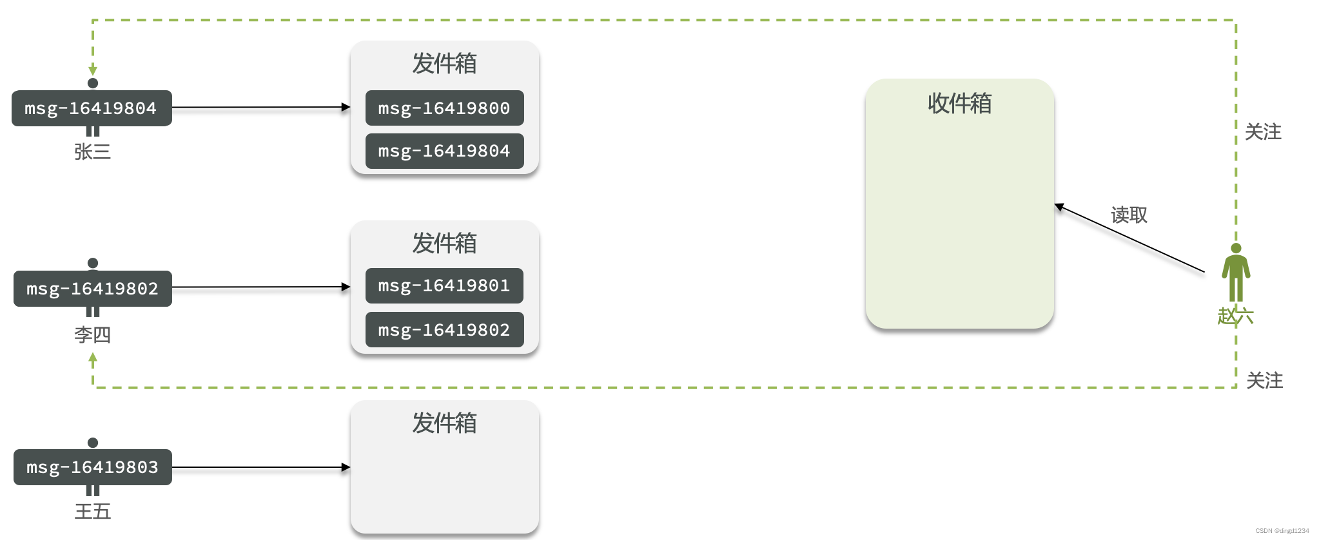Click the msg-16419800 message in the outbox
[444, 108]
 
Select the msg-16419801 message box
[444, 285]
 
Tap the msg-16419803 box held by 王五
[92, 467]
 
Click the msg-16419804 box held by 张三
[92, 108]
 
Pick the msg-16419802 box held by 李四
[92, 289]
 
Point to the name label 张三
[92, 152]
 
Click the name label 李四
[92, 335]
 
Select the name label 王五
[92, 512]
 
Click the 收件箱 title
[959, 103]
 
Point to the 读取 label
[1129, 215]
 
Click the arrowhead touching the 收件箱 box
[1059, 207]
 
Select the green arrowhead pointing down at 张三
[93, 70]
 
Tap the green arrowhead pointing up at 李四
[93, 358]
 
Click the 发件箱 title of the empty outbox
[444, 423]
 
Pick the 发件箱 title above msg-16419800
[444, 64]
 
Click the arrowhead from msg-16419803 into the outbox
[346, 467]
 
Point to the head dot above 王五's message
[93, 443]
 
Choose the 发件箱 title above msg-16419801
[444, 244]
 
